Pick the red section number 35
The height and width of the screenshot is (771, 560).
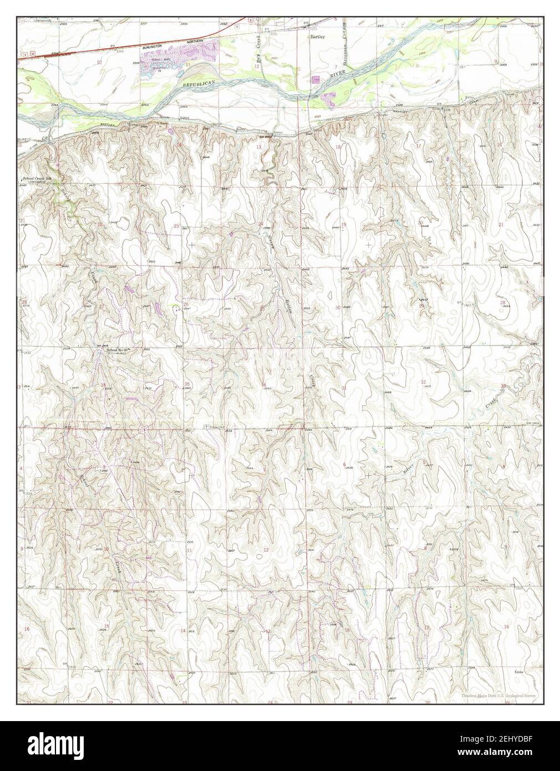click(x=187, y=384)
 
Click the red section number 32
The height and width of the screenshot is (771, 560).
click(x=424, y=382)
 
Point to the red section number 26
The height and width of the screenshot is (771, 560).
click(x=186, y=304)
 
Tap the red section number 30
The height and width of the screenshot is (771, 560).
click(x=337, y=307)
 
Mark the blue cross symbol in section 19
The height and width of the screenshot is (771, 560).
click(x=369, y=244)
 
